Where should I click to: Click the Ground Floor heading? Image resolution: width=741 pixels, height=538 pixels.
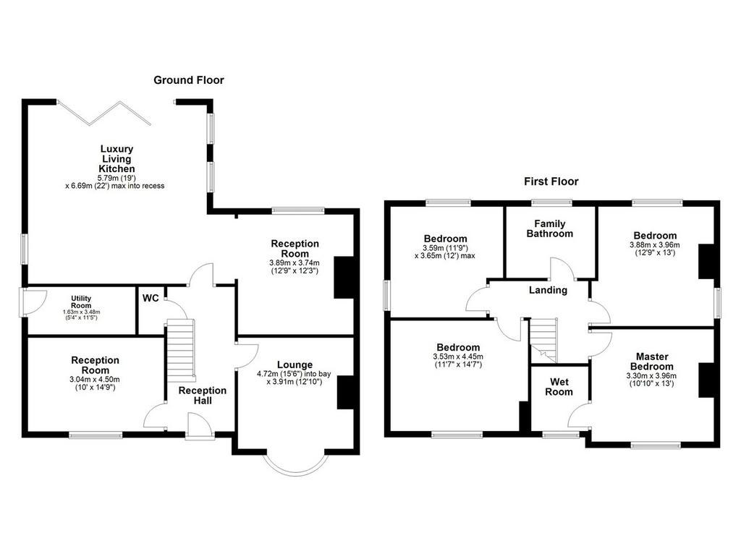click(x=189, y=80)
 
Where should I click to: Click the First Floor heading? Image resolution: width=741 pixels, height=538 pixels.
click(x=551, y=182)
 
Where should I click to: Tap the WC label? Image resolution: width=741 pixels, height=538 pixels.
click(x=151, y=298)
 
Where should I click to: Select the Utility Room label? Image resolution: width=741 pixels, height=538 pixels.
click(x=81, y=302)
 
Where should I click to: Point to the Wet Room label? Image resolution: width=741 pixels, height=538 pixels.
click(x=559, y=387)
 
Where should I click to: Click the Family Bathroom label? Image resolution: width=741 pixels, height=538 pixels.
click(x=550, y=229)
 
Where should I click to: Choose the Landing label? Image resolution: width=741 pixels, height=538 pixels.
click(x=548, y=290)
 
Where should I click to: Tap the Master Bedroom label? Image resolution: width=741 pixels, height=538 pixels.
click(x=652, y=362)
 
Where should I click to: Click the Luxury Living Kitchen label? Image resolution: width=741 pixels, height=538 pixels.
click(x=117, y=158)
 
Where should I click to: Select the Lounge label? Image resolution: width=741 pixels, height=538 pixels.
click(x=295, y=364)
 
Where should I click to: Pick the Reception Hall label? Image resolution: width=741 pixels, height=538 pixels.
click(x=203, y=396)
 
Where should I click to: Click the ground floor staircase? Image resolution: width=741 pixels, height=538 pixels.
click(x=180, y=351)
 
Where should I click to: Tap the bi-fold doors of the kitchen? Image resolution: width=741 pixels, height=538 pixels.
click(x=104, y=113)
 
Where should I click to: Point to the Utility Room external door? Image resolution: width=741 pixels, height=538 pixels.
click(x=33, y=302)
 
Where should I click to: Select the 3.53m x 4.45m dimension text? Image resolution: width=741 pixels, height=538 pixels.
click(x=458, y=356)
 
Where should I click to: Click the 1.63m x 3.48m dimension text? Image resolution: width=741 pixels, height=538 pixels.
click(x=81, y=312)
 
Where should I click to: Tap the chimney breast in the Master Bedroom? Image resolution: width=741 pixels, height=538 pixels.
click(x=706, y=380)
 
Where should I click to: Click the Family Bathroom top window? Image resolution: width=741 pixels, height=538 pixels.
click(x=551, y=203)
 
